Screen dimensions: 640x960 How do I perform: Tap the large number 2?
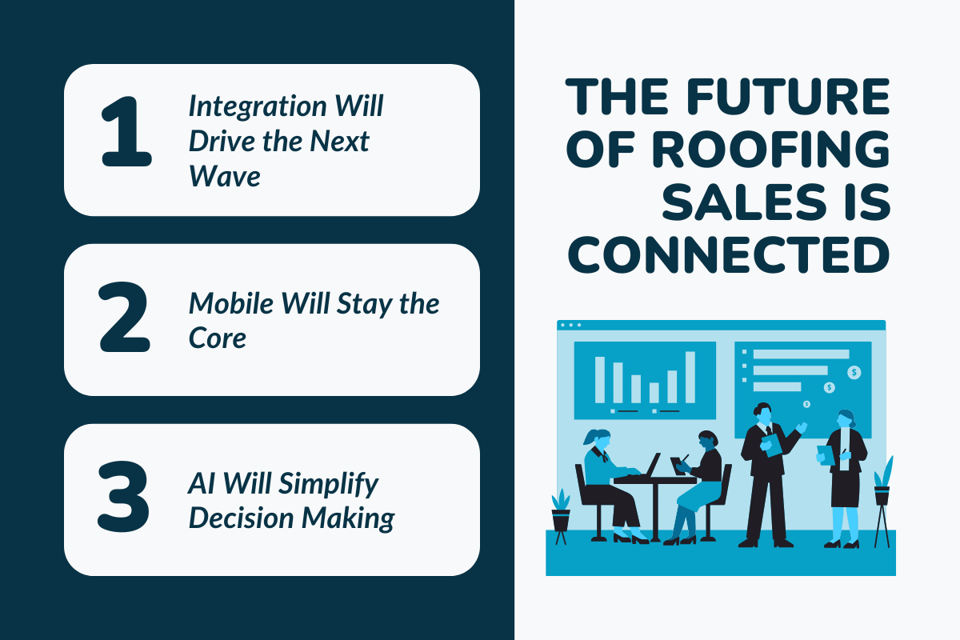click(x=125, y=319)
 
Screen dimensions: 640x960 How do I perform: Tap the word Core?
click(x=217, y=338)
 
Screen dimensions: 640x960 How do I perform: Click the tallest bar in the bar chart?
click(x=690, y=377)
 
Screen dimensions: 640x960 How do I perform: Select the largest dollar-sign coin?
click(x=854, y=372)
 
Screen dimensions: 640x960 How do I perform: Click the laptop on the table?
click(x=652, y=466)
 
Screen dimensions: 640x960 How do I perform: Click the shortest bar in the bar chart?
click(x=654, y=393)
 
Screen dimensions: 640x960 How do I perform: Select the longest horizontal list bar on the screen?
click(x=801, y=354)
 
